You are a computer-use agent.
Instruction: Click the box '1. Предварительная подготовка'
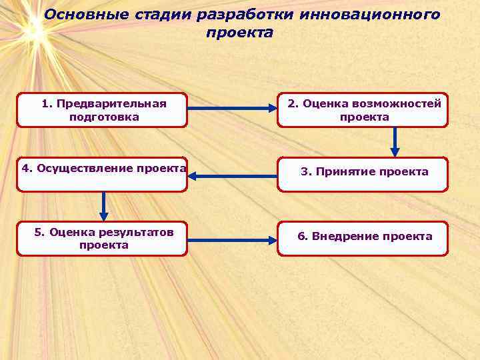pos(102,110)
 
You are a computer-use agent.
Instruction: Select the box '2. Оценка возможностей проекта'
pos(363,110)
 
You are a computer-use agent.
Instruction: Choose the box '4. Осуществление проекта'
pos(102,175)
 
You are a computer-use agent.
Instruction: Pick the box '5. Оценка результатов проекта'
pos(102,239)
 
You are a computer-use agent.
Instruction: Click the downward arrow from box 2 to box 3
pos(395,141)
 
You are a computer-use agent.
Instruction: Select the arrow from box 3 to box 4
pos(232,176)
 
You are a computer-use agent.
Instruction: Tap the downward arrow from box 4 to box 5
pos(103,206)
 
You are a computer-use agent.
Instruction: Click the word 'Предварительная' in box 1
pos(111,103)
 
